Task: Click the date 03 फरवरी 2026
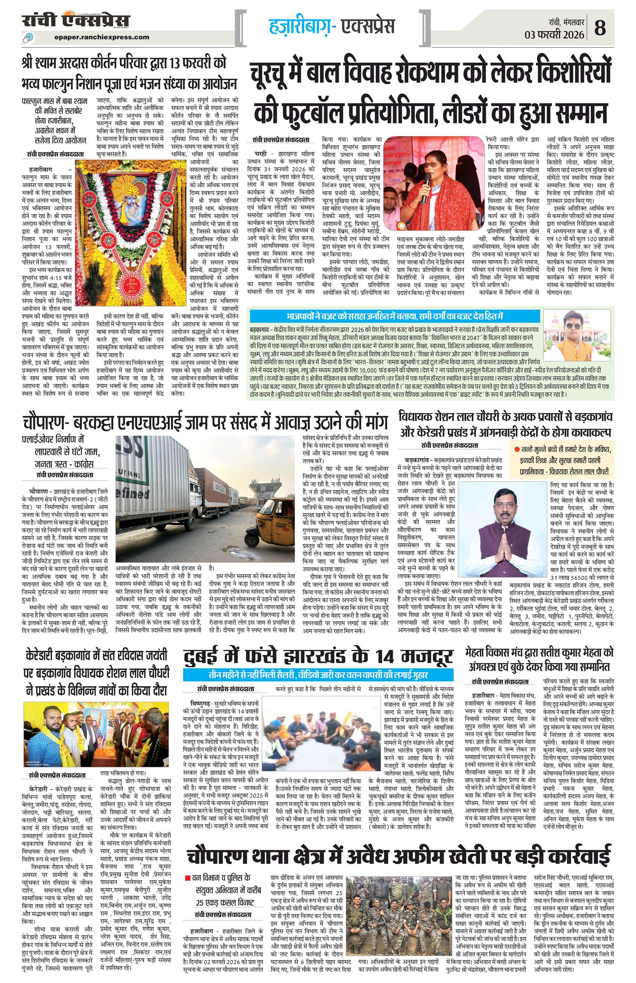[554, 34]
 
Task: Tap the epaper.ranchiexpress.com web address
[102, 37]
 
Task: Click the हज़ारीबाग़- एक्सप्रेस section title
[332, 26]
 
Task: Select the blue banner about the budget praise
[395, 316]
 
